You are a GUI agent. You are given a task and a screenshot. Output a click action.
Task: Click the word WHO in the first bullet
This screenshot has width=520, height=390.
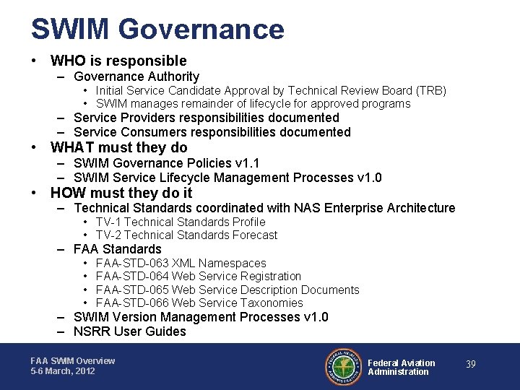tap(67, 61)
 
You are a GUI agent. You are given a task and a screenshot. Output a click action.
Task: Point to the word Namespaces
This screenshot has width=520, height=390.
tap(232, 264)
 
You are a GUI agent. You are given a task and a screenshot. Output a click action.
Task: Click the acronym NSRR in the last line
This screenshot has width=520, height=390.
tap(92, 332)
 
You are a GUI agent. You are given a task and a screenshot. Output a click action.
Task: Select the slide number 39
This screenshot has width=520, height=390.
tap(470, 365)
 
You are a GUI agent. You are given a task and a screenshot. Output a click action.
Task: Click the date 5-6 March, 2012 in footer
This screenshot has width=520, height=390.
tap(63, 371)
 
